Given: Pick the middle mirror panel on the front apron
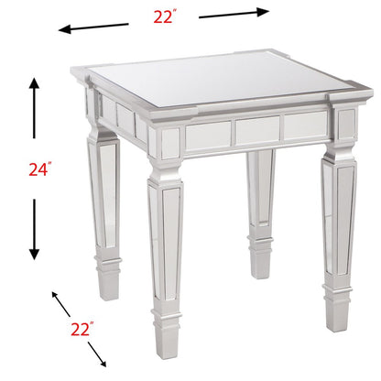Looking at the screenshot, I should pyautogui.click(x=256, y=130).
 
